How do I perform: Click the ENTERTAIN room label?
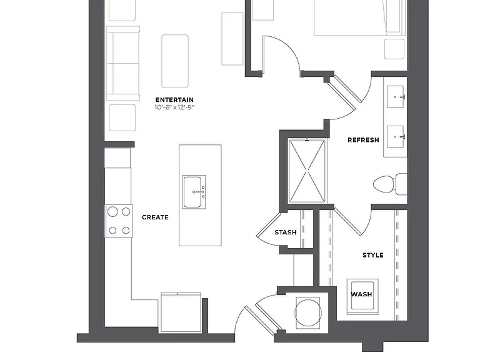pyautogui.click(x=174, y=100)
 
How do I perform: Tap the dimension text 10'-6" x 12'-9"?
pyautogui.click(x=174, y=107)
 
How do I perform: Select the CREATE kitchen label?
pyautogui.click(x=155, y=217)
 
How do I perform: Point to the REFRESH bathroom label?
pyautogui.click(x=363, y=140)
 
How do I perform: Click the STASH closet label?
pyautogui.click(x=286, y=232)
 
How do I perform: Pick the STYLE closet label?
pyautogui.click(x=373, y=255)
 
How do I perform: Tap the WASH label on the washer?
pyautogui.click(x=361, y=294)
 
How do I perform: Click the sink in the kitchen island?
pyautogui.click(x=194, y=192)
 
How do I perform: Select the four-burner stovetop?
pyautogui.click(x=119, y=221)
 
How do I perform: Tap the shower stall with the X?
pyautogui.click(x=307, y=171)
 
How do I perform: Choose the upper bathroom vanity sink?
pyautogui.click(x=396, y=97)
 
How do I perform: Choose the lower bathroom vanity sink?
pyautogui.click(x=396, y=136)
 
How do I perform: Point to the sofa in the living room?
pyautogui.click(x=123, y=64)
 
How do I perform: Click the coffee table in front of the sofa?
pyautogui.click(x=175, y=61)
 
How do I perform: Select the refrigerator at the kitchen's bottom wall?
pyautogui.click(x=181, y=312)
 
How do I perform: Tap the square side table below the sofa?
pyautogui.click(x=122, y=117)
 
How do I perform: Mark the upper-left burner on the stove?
pyautogui.click(x=112, y=211)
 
